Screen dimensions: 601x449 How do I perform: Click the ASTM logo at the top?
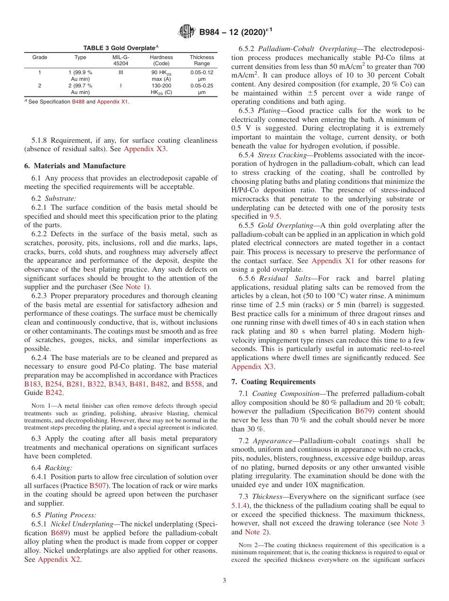tap(187, 32)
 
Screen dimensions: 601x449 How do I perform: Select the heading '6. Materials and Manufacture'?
tap(75, 166)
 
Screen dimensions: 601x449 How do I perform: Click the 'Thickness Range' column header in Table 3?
tap(202, 60)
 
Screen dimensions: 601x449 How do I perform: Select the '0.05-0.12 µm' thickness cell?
tap(202, 76)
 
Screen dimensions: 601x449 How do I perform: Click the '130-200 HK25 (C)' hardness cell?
tap(161, 89)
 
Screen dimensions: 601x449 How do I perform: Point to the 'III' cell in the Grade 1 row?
tap(121, 72)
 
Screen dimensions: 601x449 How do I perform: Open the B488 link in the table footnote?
tap(78, 102)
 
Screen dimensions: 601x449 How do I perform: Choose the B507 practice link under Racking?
tap(97, 486)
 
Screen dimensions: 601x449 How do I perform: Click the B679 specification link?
tap(364, 411)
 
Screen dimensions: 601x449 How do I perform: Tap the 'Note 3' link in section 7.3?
tap(414, 523)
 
